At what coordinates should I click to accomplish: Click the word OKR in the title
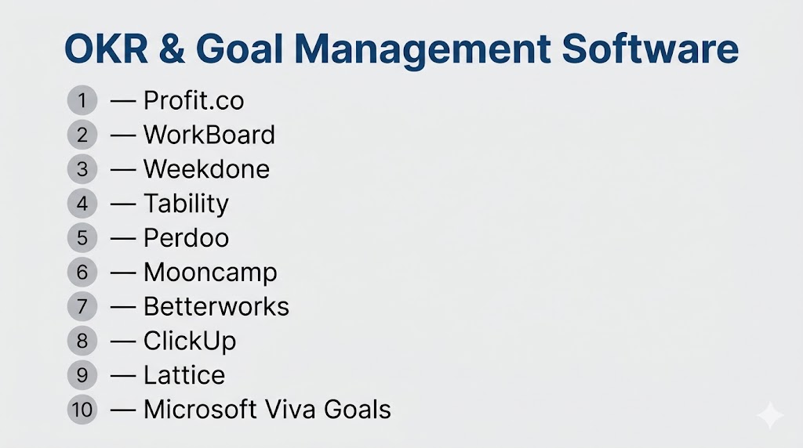point(106,49)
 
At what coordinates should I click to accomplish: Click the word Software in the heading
point(650,49)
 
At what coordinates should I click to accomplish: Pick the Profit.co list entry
point(194,100)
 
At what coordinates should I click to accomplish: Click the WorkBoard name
point(209,135)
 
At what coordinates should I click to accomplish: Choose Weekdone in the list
point(206,168)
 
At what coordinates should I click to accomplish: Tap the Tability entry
point(186,204)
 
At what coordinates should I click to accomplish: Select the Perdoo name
point(186,238)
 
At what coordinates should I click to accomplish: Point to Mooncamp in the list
point(210,273)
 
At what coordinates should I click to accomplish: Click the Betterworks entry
point(216,306)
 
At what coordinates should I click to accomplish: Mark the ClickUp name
point(190,341)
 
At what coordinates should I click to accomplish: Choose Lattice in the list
point(183,375)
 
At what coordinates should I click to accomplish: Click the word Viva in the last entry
point(290,409)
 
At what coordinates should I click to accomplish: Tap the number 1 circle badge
point(82,100)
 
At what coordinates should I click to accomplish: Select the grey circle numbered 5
point(82,238)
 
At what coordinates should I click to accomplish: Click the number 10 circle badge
point(82,410)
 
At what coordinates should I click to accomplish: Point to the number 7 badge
point(82,306)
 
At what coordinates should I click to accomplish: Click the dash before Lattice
point(123,376)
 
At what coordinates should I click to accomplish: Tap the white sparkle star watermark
point(770,415)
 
